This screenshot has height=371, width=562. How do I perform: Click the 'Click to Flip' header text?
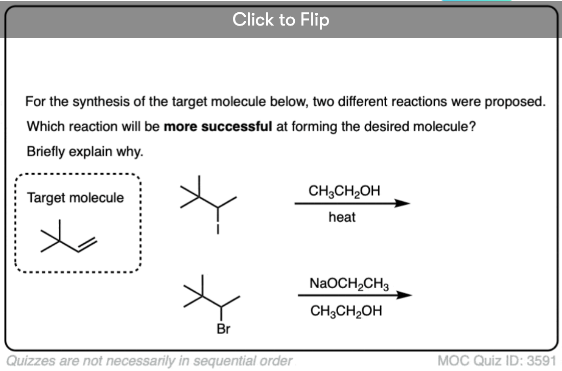coord(280,19)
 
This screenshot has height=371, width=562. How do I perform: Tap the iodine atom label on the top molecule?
coord(218,229)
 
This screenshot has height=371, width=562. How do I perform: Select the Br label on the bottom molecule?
coord(223,329)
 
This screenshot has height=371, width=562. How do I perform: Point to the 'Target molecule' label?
coord(75,197)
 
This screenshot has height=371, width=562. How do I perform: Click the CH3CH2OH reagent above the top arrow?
coord(344,191)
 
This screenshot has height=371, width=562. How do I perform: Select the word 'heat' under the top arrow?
coord(342,217)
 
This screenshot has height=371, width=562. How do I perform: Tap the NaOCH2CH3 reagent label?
coord(349,284)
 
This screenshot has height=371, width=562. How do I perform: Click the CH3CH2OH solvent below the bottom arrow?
coord(346,311)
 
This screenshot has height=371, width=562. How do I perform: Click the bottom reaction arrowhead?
coord(404,295)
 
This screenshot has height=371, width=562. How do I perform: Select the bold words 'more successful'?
coord(218,127)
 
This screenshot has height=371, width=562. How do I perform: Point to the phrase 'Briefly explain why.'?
coord(85,152)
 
